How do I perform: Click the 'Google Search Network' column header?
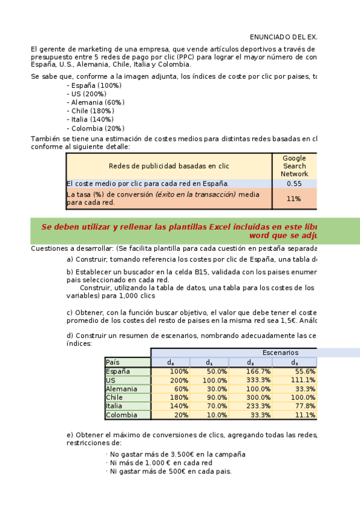click(294, 166)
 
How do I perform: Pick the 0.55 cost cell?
click(294, 184)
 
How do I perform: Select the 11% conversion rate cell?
click(294, 198)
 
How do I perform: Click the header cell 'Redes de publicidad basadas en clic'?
click(169, 166)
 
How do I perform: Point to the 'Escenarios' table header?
click(280, 352)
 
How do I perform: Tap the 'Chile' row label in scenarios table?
click(114, 398)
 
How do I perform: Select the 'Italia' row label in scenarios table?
click(114, 406)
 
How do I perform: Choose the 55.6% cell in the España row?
click(294, 372)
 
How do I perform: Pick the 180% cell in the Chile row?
click(170, 398)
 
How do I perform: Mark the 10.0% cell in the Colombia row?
click(210, 415)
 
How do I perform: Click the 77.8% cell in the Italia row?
click(294, 406)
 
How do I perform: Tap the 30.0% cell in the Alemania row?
click(210, 389)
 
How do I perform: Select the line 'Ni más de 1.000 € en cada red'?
click(160, 463)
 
